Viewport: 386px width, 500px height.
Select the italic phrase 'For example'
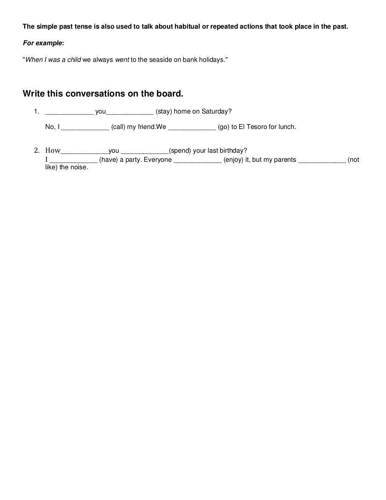[42, 43]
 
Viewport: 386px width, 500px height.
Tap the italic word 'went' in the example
[122, 60]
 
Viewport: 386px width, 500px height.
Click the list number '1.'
[37, 111]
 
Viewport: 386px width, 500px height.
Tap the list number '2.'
[37, 150]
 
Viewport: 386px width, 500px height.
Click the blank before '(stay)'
[130, 112]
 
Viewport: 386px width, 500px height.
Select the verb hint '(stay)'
[164, 111]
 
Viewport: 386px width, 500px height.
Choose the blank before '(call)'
[85, 127]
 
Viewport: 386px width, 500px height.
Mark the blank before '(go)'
[192, 127]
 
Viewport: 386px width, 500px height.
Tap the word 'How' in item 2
[53, 150]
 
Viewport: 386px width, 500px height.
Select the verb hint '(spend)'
[180, 151]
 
